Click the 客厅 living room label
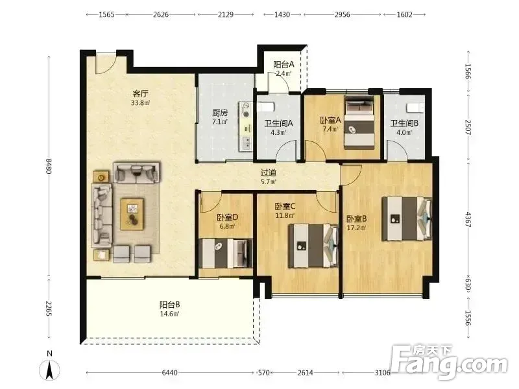[x=140, y=93]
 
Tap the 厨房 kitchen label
[x=220, y=113]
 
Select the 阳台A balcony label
[x=284, y=64]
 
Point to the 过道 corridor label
[x=268, y=172]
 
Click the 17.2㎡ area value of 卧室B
[x=356, y=228]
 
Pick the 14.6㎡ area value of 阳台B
[x=170, y=314]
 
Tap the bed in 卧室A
[x=359, y=123]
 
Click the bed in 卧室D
[x=225, y=253]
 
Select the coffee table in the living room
[x=132, y=214]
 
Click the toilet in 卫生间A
[x=266, y=107]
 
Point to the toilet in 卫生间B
[x=415, y=108]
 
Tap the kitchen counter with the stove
[x=246, y=126]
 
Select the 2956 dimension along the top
[x=343, y=14]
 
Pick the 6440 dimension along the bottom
[x=170, y=373]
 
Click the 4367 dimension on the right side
[x=468, y=219]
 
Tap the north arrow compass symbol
[x=50, y=369]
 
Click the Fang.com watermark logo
[x=449, y=362]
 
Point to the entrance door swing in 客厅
[x=106, y=63]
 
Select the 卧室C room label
[x=285, y=206]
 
